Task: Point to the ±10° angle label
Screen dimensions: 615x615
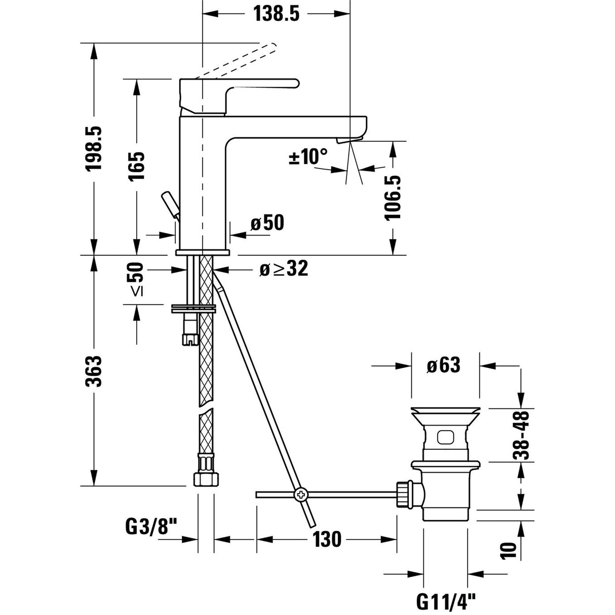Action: (x=308, y=157)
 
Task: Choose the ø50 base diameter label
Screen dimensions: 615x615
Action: (x=267, y=223)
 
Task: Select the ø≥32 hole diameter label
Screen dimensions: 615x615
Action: (x=283, y=269)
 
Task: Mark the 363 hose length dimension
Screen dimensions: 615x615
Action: (x=95, y=371)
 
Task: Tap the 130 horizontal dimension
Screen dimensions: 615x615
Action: (x=327, y=540)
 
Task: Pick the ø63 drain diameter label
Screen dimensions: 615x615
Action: (x=444, y=365)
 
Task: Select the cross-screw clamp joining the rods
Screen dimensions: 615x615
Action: (x=300, y=493)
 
